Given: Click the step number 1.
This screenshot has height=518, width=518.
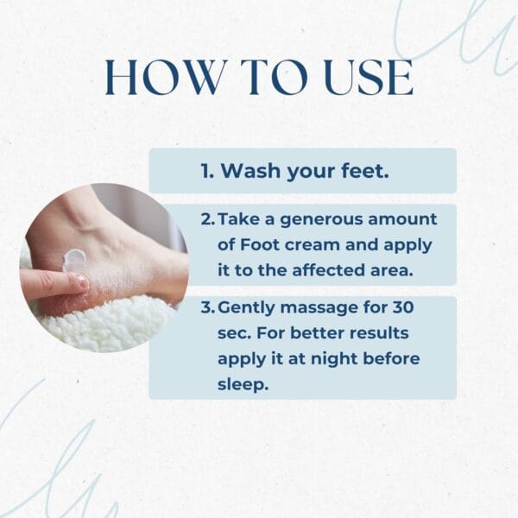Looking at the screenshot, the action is coord(207,171).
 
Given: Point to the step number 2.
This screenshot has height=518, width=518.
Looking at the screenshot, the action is coord(208,219).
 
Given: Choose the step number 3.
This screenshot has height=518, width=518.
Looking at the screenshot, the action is coord(208,307).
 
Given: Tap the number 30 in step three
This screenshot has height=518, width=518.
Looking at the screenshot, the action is coord(403,307).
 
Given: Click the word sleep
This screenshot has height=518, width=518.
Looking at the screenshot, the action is coord(243,385).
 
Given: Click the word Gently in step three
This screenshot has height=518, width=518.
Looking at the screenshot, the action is coord(246,308).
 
